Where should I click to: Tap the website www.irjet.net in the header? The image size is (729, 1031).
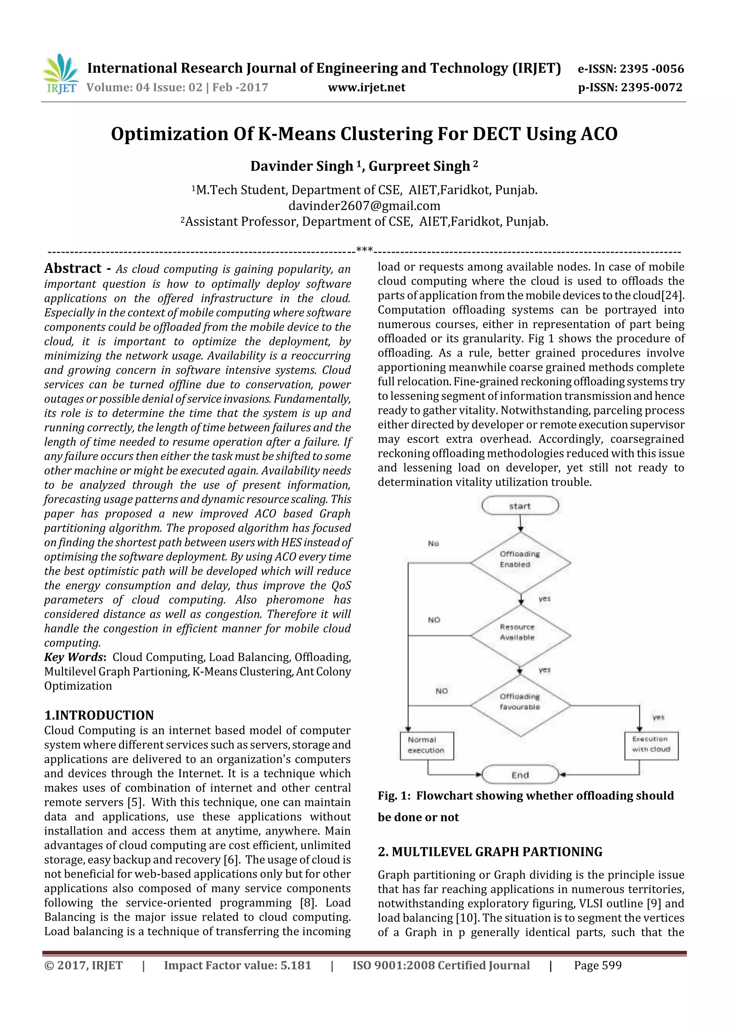click(367, 88)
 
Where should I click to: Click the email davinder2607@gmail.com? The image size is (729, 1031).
click(364, 206)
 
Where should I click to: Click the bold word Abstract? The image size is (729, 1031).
click(73, 269)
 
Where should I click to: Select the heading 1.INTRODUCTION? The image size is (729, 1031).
click(99, 715)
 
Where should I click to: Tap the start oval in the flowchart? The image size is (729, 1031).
click(520, 506)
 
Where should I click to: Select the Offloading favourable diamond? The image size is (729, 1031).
click(520, 705)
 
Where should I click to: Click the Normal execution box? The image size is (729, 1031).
click(426, 746)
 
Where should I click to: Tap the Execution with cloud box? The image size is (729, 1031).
click(651, 746)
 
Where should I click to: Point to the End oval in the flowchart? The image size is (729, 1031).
click(520, 775)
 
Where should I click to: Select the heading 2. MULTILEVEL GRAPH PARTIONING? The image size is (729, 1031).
click(490, 852)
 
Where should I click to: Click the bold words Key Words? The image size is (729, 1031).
click(74, 657)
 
